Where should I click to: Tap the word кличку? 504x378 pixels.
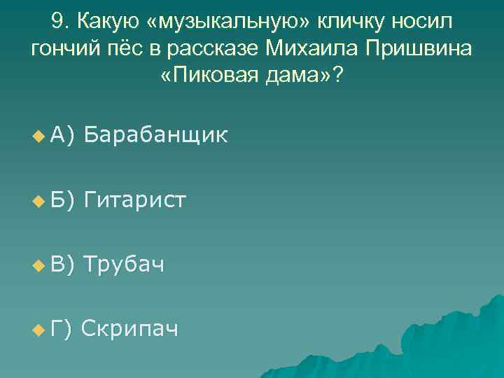tap(353, 22)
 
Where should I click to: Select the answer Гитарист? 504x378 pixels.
tap(134, 200)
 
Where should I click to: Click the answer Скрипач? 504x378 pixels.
tap(129, 328)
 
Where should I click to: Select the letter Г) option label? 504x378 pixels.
tap(62, 328)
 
